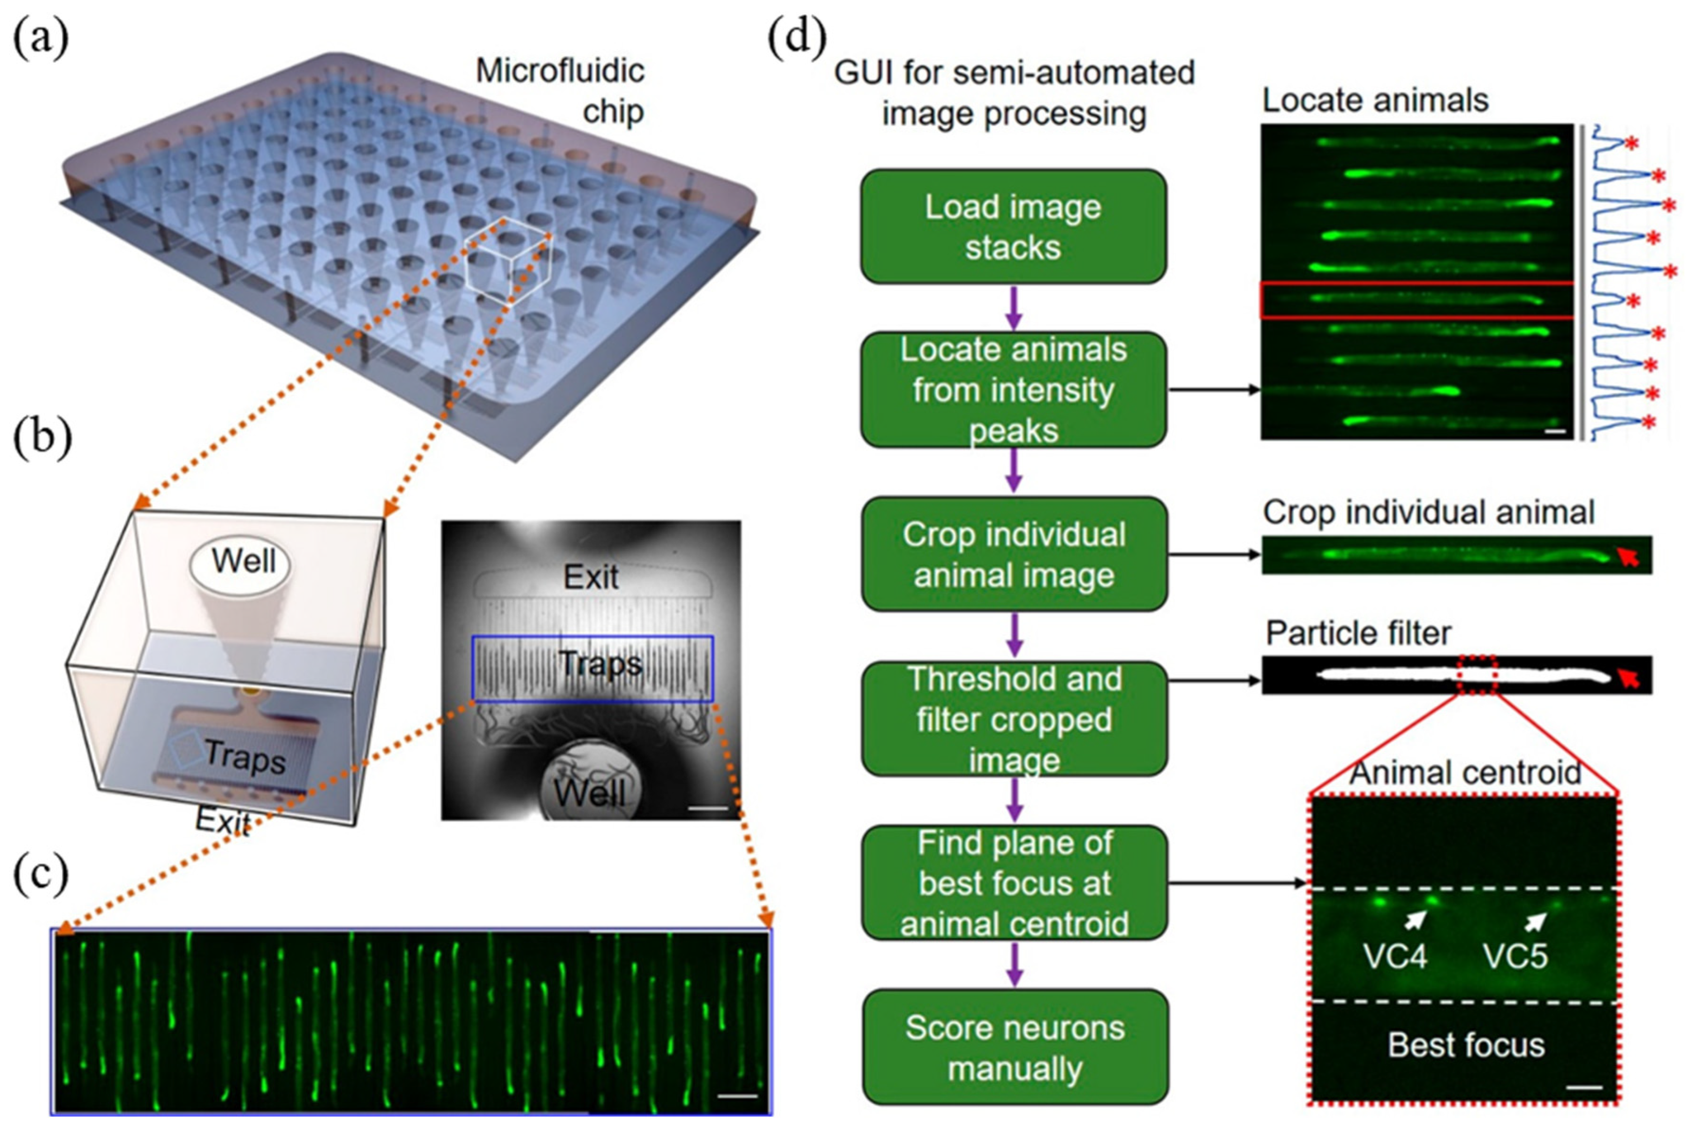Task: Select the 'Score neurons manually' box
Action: [x=1014, y=1047]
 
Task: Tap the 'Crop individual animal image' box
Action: [x=1013, y=554]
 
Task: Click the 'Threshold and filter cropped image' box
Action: [x=1013, y=719]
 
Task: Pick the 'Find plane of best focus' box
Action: [x=1013, y=883]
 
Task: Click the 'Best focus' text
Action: [x=1466, y=1045]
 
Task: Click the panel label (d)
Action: [x=797, y=38]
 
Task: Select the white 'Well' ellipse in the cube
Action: [x=241, y=562]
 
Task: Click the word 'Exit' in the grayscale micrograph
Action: [x=591, y=578]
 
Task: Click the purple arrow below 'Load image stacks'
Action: [x=1014, y=308]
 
